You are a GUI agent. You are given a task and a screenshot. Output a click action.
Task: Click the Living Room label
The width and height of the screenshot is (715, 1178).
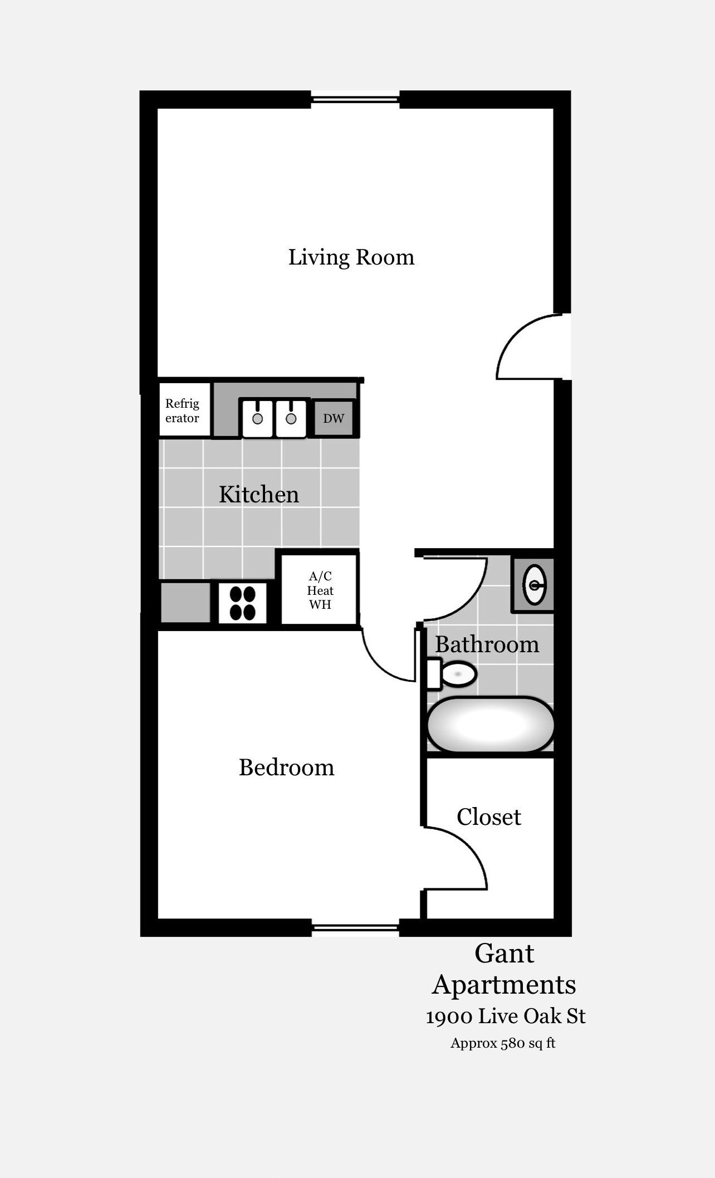click(x=351, y=257)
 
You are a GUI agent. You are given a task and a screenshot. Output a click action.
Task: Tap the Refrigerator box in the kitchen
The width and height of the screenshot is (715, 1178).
click(x=185, y=409)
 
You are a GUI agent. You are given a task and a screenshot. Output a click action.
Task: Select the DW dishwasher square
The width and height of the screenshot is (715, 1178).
click(x=334, y=418)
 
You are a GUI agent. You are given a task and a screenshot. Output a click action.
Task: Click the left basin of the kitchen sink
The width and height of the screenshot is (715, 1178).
click(x=257, y=418)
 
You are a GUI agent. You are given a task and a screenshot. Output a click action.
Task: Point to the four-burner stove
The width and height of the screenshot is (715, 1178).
click(x=242, y=603)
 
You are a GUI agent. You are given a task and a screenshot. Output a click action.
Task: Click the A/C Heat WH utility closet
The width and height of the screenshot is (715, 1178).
click(x=320, y=589)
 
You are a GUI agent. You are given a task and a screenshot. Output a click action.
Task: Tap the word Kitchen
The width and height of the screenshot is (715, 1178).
click(x=259, y=495)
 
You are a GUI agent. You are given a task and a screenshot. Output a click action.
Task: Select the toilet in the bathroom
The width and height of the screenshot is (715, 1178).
click(x=451, y=674)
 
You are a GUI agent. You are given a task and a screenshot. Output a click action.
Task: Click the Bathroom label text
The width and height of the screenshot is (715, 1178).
click(x=487, y=645)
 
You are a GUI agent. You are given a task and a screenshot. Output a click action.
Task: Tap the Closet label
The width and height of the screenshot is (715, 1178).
click(x=489, y=817)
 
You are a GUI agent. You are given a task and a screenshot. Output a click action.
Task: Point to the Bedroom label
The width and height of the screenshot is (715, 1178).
click(x=287, y=768)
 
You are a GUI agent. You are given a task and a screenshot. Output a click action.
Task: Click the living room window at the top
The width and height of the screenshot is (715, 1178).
click(x=355, y=99)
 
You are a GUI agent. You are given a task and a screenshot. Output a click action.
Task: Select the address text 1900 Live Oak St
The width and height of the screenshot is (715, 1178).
click(x=506, y=1016)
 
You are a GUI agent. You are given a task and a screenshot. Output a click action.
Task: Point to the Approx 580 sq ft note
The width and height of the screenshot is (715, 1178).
click(x=503, y=1043)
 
